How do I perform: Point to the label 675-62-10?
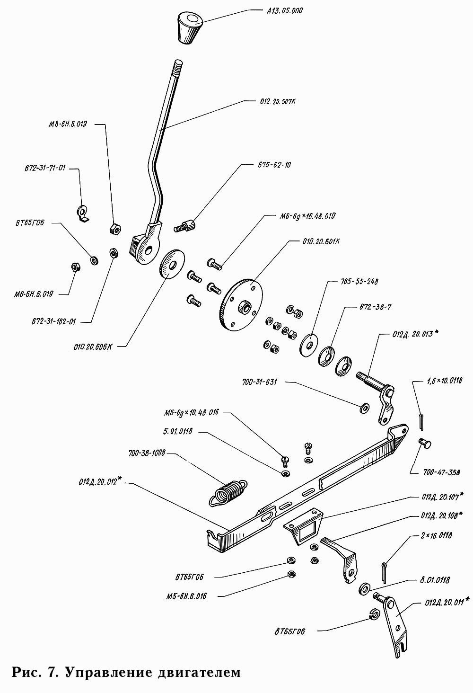click(274, 165)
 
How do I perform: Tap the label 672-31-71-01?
click(45, 168)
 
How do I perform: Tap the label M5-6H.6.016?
click(186, 596)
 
